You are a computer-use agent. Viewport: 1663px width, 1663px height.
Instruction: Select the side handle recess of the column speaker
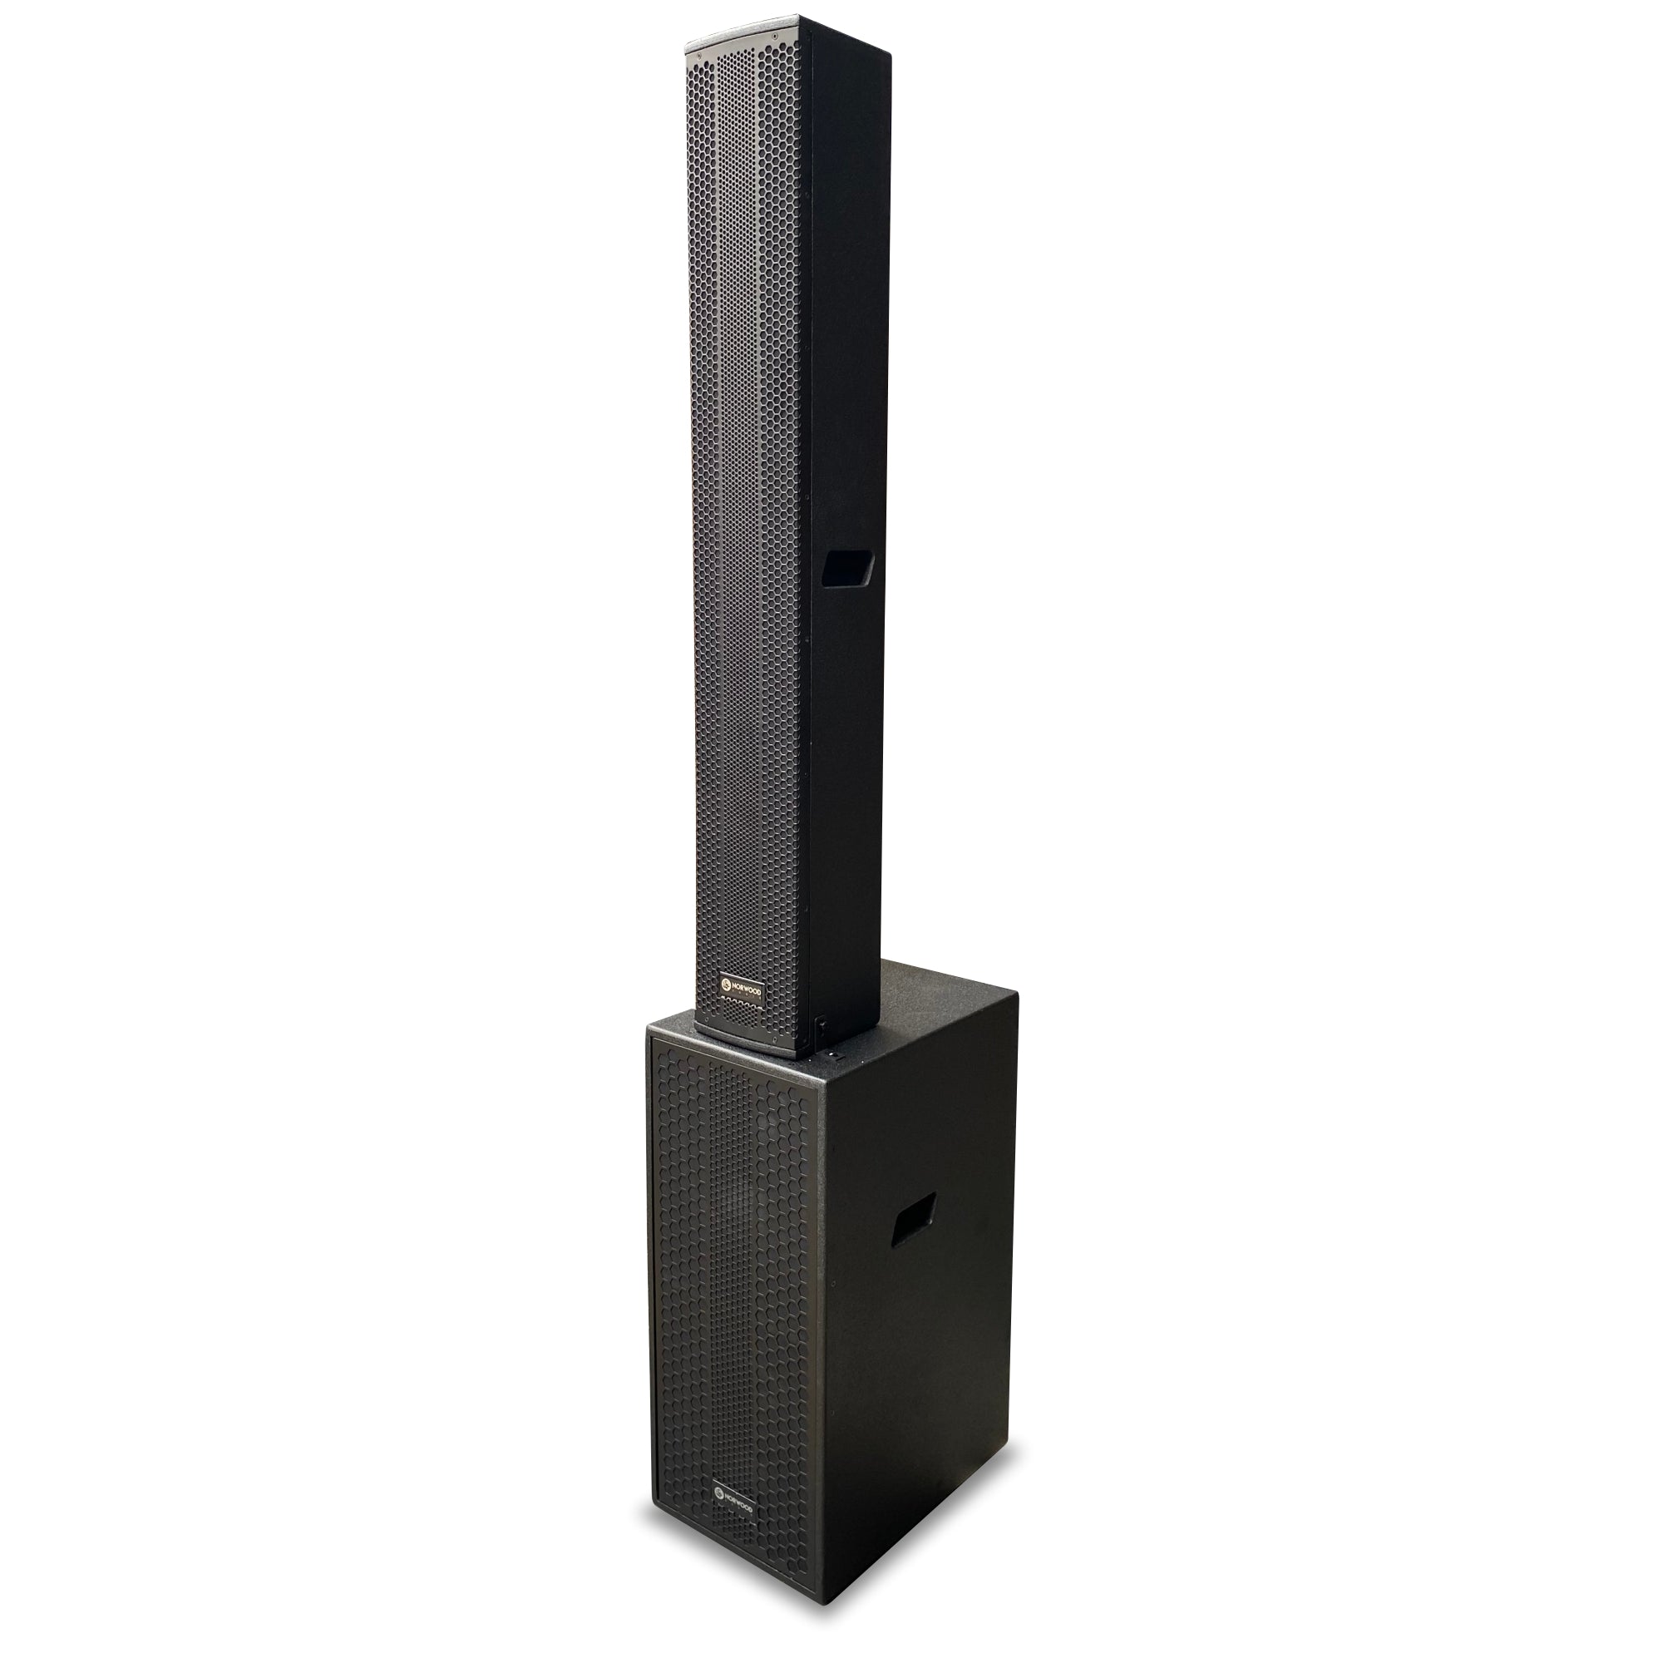tap(848, 569)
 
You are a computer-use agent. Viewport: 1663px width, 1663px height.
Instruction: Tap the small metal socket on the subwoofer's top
tap(831, 1052)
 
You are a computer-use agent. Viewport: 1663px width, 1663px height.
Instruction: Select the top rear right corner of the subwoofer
tap(1017, 993)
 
